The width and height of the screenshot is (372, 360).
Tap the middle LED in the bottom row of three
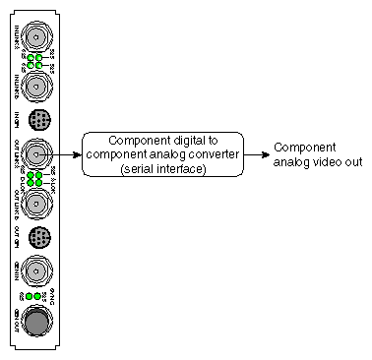pos(36,296)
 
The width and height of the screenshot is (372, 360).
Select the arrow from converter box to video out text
pos(254,154)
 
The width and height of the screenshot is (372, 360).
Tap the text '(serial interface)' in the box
pos(162,169)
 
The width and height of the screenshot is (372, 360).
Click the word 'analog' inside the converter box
pos(174,155)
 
